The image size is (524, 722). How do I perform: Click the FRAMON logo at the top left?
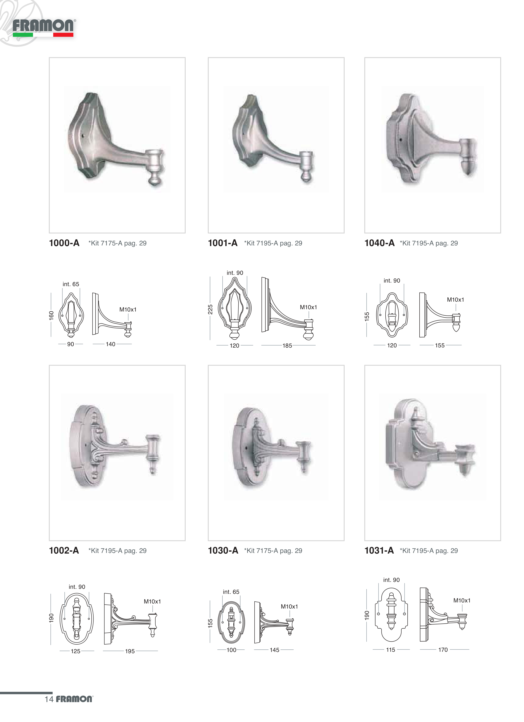tap(43, 28)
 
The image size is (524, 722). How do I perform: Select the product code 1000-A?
tap(64, 243)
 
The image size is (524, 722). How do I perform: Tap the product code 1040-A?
tap(379, 243)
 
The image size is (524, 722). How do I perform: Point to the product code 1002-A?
tap(64, 550)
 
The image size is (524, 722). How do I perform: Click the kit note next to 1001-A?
tap(273, 243)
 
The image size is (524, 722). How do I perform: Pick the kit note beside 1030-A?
tap(273, 551)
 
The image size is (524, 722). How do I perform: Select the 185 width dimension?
tap(287, 345)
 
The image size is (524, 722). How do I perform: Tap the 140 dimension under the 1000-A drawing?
tap(111, 344)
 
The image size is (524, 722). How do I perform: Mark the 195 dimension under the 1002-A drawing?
tap(130, 651)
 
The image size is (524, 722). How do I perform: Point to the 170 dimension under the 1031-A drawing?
tap(443, 650)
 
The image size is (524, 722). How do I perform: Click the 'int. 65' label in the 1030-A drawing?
tap(231, 592)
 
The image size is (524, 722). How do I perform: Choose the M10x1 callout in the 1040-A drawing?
tap(455, 300)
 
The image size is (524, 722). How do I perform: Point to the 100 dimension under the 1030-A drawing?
tap(231, 650)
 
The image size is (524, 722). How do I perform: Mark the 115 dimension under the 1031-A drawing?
tap(391, 650)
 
